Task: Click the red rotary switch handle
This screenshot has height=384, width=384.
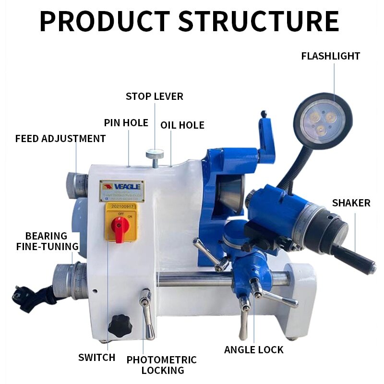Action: point(120,225)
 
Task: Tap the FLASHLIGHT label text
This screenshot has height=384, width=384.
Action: point(330,56)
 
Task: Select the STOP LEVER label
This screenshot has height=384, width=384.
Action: point(154,96)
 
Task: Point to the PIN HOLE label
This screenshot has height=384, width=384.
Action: point(126,123)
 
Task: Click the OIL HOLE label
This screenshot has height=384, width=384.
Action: point(182,125)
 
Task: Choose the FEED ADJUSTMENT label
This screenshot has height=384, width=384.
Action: point(60,139)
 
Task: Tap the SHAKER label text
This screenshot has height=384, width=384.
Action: point(351,203)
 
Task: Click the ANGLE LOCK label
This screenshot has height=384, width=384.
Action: point(254,349)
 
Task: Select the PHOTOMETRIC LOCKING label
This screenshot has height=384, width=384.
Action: point(162,365)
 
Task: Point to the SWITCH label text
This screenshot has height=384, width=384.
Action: point(97,358)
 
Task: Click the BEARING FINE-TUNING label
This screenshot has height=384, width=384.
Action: point(47,241)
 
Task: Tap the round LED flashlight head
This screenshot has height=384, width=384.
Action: point(323,120)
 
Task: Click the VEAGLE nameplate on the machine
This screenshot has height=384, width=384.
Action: point(121,191)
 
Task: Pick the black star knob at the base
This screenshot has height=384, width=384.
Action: point(120,326)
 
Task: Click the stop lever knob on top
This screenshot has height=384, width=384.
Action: point(155,155)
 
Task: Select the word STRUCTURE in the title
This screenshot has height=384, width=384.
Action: point(259,22)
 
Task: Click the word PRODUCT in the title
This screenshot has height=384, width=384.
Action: point(105,22)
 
